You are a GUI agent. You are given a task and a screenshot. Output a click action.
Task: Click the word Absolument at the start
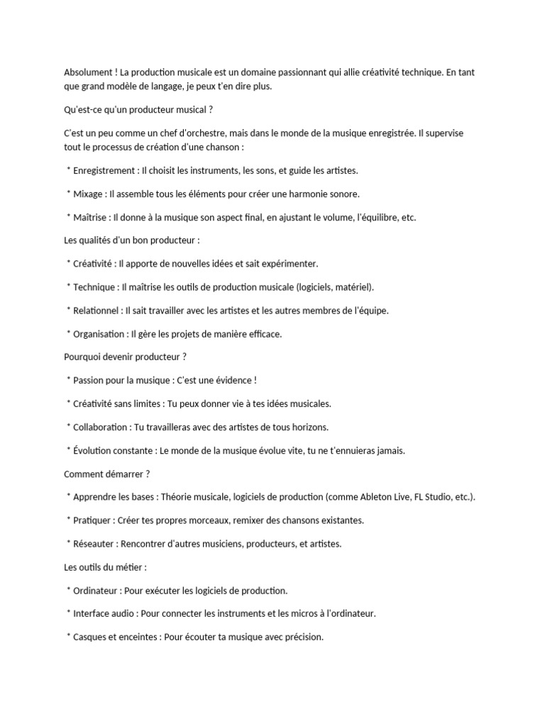[x=87, y=73]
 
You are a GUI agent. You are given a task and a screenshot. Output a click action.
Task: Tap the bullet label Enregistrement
[x=105, y=170]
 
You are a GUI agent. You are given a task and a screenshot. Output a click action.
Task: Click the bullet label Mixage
[x=88, y=194]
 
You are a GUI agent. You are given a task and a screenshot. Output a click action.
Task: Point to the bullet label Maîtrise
[x=90, y=217]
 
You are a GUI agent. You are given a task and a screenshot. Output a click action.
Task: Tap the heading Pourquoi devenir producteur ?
[x=125, y=357]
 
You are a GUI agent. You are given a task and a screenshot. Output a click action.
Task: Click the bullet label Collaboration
[x=101, y=427]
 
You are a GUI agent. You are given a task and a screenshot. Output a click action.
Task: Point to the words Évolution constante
[x=114, y=450]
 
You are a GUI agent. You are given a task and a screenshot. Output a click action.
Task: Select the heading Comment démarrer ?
[x=107, y=474]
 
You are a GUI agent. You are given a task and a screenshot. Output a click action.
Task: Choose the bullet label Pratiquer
[x=93, y=520]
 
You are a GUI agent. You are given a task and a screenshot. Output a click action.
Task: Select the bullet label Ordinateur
[x=96, y=590]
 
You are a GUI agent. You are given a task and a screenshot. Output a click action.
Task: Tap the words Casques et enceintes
[x=116, y=637]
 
